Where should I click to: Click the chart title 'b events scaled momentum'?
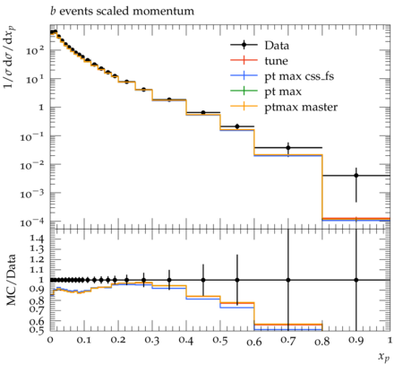(x=122, y=12)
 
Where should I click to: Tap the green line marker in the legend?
(x=244, y=91)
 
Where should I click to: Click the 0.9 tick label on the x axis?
(x=356, y=340)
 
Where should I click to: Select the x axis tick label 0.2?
(x=118, y=340)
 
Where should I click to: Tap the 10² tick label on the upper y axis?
(x=35, y=50)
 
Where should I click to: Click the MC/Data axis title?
(x=11, y=280)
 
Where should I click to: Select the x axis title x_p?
(x=384, y=356)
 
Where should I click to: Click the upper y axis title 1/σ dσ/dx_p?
(x=9, y=56)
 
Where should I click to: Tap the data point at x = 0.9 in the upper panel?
(x=356, y=176)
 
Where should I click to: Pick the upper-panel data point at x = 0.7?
(x=288, y=147)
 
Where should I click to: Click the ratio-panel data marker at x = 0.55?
(x=237, y=280)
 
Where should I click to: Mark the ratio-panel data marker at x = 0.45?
(x=203, y=280)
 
